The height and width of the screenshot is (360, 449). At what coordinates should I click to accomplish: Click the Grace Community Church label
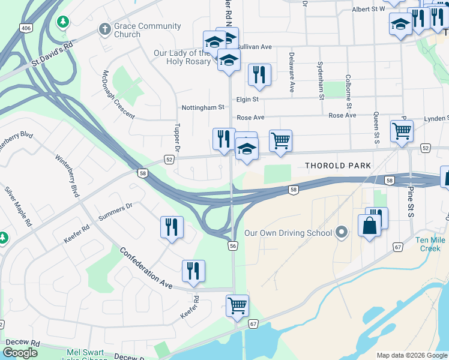tap(147, 30)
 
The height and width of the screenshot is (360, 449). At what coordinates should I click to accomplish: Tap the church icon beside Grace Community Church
tap(104, 28)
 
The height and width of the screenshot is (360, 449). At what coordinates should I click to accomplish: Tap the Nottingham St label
tap(203, 107)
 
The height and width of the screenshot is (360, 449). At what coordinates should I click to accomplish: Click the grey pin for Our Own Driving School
tap(342, 232)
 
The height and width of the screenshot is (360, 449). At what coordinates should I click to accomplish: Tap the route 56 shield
tap(234, 246)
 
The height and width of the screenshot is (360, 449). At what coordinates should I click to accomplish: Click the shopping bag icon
tap(369, 226)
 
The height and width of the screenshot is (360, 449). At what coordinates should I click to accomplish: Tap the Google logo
tap(20, 353)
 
